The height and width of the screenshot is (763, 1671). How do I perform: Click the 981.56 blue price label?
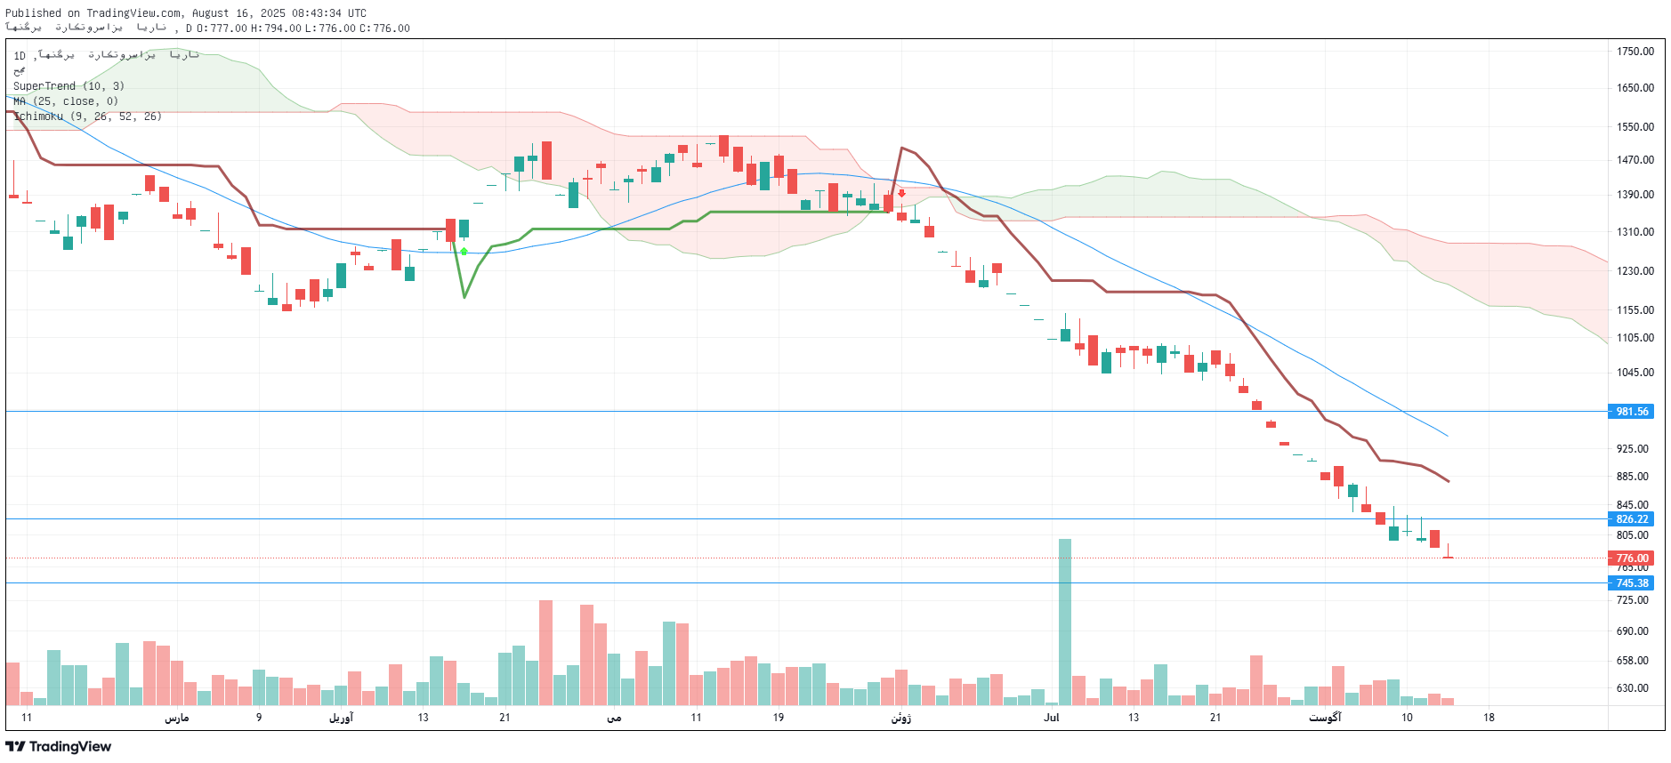[1631, 412]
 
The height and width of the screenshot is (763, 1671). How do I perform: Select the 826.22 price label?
[1631, 519]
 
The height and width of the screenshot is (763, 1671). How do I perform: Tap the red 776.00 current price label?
[1631, 558]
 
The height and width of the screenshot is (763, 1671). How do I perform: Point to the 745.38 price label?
[1631, 583]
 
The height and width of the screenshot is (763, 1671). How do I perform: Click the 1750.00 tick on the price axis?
[1635, 52]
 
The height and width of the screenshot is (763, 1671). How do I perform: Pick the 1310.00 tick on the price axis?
[1635, 232]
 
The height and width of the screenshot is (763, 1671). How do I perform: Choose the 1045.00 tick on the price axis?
[1635, 373]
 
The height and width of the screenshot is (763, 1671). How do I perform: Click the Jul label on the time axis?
[1052, 718]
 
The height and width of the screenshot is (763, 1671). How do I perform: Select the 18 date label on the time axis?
[1489, 718]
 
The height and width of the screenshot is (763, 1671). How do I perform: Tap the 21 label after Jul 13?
[1215, 718]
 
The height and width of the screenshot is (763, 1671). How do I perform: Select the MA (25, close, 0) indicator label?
[66, 101]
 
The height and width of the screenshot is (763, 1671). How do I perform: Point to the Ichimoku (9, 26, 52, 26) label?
[87, 116]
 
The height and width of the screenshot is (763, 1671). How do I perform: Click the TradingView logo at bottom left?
[59, 747]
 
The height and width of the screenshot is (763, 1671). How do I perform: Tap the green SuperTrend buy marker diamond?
[464, 252]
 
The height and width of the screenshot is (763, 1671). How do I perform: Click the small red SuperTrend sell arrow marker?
[901, 193]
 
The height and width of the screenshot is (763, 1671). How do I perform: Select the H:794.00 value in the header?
[276, 28]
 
